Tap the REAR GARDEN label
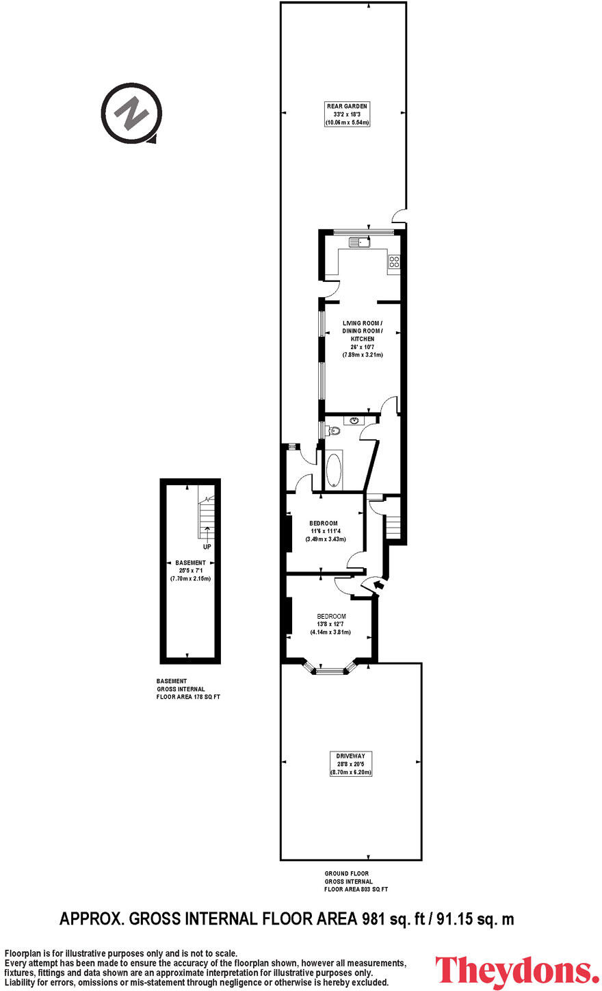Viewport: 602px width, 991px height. (347, 106)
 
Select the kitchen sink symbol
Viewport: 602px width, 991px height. (358, 242)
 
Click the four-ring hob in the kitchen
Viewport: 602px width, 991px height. (394, 261)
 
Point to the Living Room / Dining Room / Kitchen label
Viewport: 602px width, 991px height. (362, 331)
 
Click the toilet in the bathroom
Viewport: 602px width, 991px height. (332, 430)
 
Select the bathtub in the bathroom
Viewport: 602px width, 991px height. (335, 470)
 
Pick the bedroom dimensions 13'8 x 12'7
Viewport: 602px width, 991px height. (331, 624)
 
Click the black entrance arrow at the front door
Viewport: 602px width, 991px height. (378, 584)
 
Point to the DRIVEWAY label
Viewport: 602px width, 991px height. (350, 756)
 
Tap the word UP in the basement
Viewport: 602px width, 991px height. (207, 547)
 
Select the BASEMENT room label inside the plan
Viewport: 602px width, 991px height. (190, 563)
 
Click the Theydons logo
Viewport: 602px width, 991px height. (517, 971)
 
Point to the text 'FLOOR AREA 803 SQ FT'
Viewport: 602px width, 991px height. (356, 890)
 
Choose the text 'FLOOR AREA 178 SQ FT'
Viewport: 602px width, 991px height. (188, 697)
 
